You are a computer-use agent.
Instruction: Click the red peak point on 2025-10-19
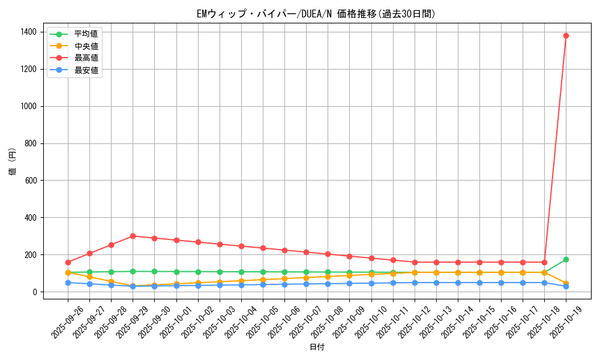566,35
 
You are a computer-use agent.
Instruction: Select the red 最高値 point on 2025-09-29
133,236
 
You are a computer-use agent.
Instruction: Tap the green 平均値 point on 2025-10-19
566,259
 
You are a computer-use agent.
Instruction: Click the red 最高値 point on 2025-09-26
68,262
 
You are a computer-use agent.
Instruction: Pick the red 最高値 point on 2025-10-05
263,248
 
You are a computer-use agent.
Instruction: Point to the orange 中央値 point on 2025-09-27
89,277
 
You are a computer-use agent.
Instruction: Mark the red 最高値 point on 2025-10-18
544,262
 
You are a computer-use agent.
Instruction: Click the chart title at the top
316,14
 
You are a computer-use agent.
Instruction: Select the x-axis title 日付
317,347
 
